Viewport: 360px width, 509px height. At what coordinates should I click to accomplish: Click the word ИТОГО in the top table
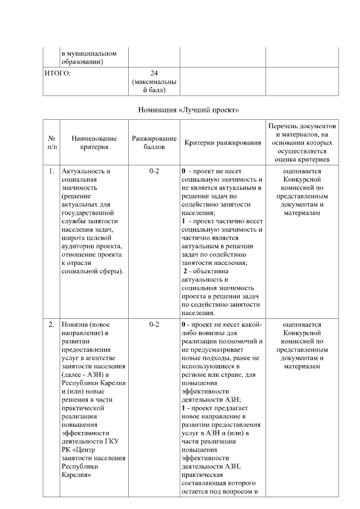point(57,73)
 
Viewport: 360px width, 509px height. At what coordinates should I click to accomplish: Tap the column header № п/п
point(51,143)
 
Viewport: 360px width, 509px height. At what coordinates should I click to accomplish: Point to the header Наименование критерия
point(94,143)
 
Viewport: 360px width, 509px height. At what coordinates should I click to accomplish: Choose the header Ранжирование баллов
point(154,143)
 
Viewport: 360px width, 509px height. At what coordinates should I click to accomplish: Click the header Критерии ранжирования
point(223,143)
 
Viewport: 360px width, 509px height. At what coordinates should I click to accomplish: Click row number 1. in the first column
point(51,171)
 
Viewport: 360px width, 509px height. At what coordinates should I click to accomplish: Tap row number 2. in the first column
point(51,325)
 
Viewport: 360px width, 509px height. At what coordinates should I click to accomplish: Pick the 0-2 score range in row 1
point(154,171)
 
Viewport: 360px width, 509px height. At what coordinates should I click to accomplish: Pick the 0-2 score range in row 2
point(154,325)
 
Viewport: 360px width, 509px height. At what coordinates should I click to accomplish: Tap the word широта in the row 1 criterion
point(73,238)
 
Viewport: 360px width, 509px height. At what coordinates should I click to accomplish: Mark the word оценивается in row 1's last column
point(302,171)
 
